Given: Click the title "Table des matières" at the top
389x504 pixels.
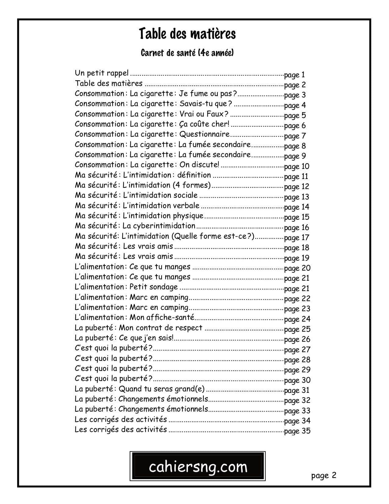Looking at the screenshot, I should [x=187, y=34].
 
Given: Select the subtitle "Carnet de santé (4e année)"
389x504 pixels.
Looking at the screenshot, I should [x=187, y=53].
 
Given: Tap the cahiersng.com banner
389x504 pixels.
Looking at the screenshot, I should [x=198, y=466].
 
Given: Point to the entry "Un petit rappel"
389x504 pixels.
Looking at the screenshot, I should [x=102, y=73].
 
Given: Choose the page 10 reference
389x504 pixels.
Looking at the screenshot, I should [x=297, y=166].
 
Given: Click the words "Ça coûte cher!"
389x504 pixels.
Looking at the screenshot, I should [x=204, y=124].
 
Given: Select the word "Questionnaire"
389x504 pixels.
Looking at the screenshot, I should [x=204, y=134].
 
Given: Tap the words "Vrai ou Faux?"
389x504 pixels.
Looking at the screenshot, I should [x=204, y=114].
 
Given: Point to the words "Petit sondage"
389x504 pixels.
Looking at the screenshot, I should [x=153, y=287].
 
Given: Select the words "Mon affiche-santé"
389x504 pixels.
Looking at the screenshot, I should [x=162, y=318].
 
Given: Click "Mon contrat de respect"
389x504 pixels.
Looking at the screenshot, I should [x=160, y=328].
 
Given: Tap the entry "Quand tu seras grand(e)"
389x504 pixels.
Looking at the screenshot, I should [x=161, y=389].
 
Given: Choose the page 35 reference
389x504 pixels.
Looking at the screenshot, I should [x=297, y=431].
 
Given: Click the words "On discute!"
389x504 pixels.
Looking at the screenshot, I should [x=199, y=165].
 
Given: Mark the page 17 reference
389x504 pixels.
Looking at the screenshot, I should [x=297, y=238].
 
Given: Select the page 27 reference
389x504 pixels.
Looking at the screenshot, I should [x=297, y=350].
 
